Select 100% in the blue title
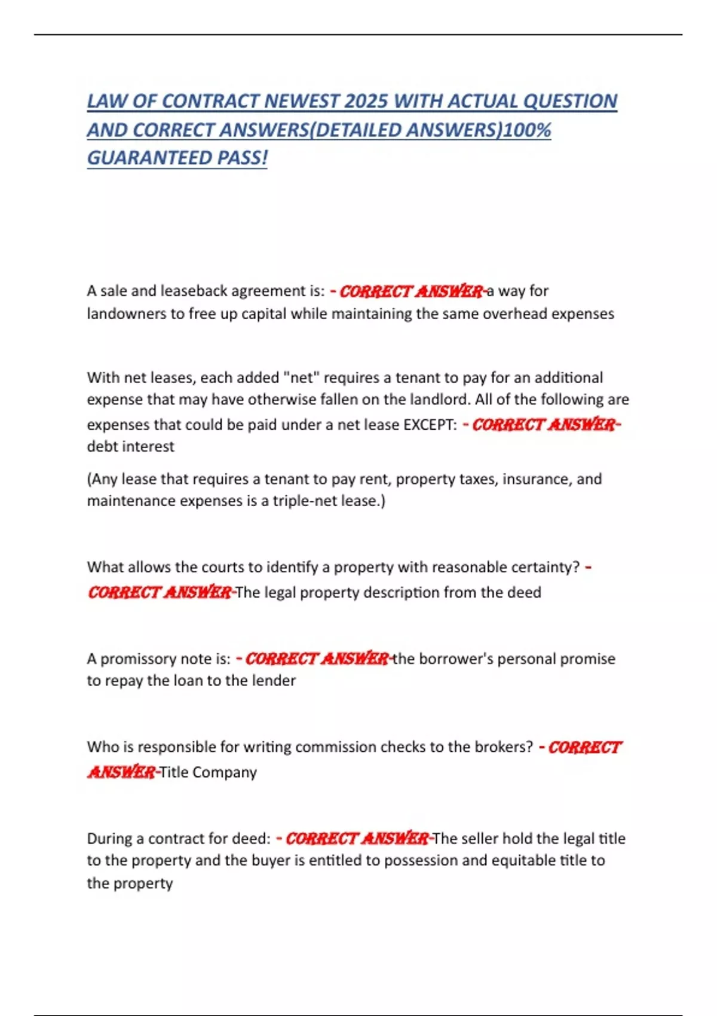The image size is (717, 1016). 527,130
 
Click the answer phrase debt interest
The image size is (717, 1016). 131,446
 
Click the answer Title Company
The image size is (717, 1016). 208,772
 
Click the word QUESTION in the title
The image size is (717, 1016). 570,101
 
